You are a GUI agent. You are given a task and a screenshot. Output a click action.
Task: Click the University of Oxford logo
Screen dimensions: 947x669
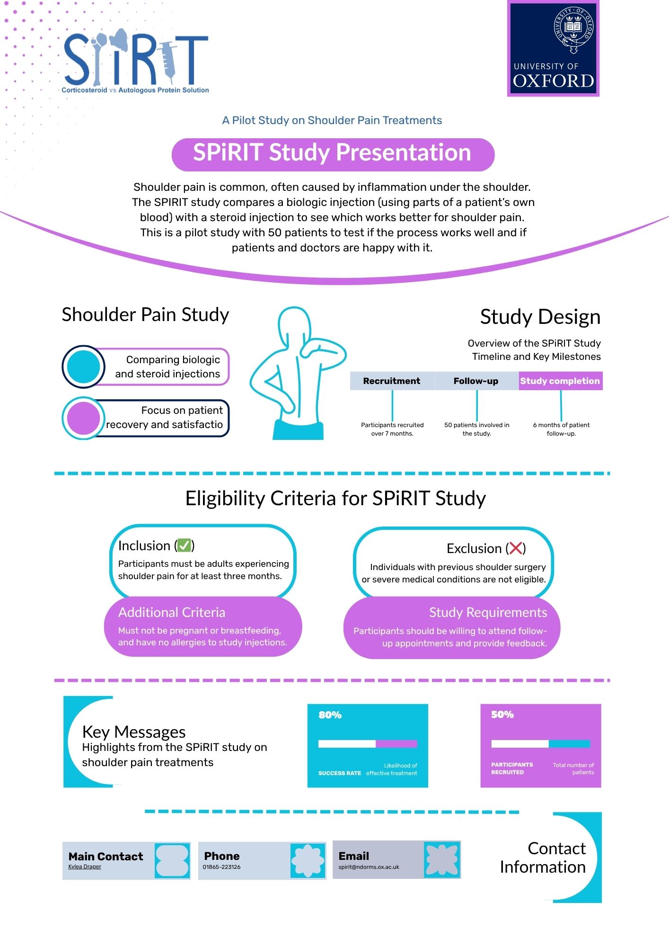(553, 48)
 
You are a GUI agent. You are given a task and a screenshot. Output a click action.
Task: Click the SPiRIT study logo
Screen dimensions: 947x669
(136, 62)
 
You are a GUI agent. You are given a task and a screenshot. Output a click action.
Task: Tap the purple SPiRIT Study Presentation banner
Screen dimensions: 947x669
(333, 154)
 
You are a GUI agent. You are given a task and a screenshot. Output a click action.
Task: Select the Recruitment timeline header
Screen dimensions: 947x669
(392, 381)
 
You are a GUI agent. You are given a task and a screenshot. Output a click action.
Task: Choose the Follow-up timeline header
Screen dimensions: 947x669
(476, 381)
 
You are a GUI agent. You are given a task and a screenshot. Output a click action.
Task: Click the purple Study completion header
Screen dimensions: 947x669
(560, 381)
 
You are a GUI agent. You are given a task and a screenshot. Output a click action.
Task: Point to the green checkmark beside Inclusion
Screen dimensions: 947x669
(185, 545)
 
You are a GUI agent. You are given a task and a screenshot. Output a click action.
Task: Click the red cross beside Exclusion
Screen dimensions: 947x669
(516, 548)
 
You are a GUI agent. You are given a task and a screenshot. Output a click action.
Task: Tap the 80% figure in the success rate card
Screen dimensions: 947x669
(330, 715)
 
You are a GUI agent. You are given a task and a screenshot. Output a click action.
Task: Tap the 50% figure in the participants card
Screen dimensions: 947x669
(502, 715)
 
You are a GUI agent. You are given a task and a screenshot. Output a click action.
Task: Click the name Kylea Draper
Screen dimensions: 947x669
(85, 867)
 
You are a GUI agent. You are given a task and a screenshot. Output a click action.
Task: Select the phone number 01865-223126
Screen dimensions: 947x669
(222, 867)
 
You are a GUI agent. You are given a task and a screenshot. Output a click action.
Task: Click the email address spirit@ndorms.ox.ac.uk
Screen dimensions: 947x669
(369, 867)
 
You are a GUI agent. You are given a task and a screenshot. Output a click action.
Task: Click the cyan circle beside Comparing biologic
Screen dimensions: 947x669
(83, 366)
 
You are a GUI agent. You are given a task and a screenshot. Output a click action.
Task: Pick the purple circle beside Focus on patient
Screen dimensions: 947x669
(83, 418)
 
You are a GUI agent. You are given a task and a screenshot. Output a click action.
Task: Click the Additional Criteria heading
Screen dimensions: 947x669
(172, 612)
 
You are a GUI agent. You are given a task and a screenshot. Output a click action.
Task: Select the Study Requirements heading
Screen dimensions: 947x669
(488, 612)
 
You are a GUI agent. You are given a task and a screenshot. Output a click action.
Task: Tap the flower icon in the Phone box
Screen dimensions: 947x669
(308, 860)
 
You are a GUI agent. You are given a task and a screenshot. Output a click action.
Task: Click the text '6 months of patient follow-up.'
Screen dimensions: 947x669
(561, 429)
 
